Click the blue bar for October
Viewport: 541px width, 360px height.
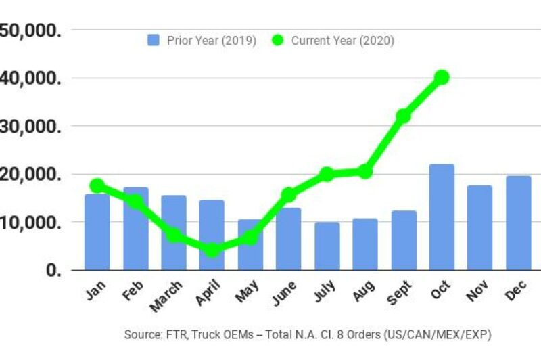click(x=442, y=217)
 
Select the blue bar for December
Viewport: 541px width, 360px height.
click(x=518, y=223)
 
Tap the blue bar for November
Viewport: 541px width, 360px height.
click(x=479, y=227)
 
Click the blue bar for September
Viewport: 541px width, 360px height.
click(x=404, y=240)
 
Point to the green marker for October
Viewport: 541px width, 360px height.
click(x=442, y=77)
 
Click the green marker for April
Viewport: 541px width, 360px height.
click(x=212, y=250)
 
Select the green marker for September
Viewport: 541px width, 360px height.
click(x=404, y=116)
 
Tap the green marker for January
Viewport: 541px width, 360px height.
click(x=97, y=185)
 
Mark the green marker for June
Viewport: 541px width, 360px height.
click(x=289, y=195)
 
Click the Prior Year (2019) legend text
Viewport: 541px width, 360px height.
click(x=211, y=41)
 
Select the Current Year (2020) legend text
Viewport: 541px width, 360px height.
click(x=342, y=41)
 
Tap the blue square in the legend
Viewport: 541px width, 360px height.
click(x=154, y=41)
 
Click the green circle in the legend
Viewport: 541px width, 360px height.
click(x=278, y=41)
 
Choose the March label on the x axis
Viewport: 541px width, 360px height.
click(x=166, y=296)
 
